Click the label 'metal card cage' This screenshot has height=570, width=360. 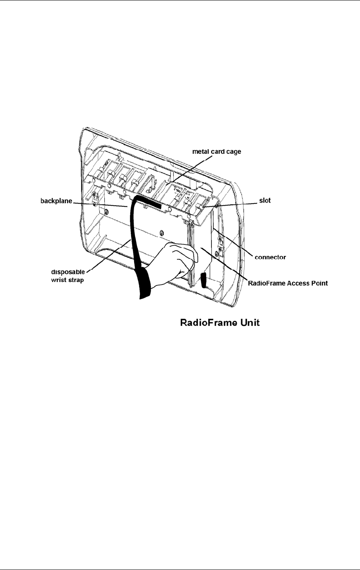pyautogui.click(x=216, y=152)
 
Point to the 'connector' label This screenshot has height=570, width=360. pyautogui.click(x=270, y=257)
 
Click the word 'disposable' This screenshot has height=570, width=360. pyautogui.click(x=68, y=272)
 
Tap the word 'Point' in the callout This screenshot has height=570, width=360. pyautogui.click(x=320, y=283)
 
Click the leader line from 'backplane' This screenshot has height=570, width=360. pyautogui.click(x=99, y=204)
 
